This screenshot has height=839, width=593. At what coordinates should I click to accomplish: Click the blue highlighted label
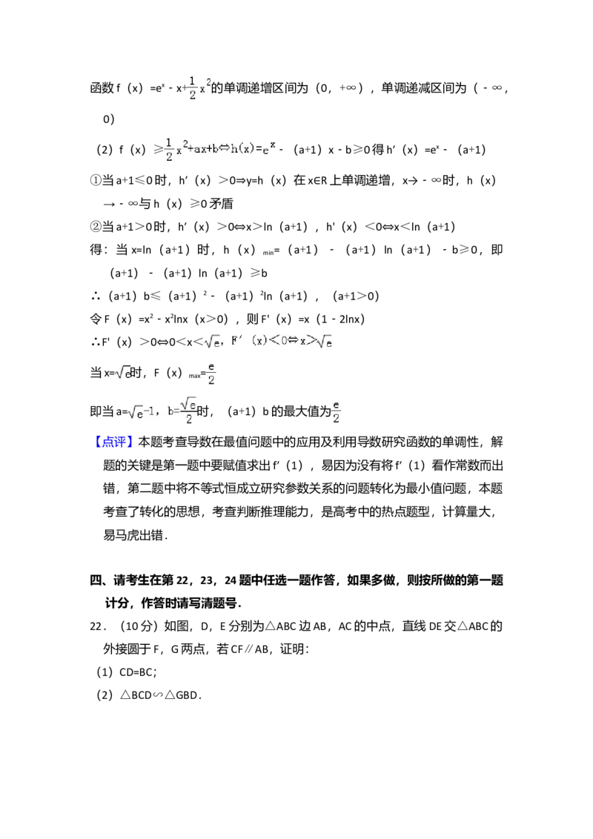point(115,442)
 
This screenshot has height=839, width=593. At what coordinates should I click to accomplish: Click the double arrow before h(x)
point(225,148)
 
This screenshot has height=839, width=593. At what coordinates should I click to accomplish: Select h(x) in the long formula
point(245,148)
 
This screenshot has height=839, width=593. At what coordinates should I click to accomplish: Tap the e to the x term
point(269,147)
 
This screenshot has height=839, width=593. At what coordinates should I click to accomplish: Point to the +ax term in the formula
point(200,148)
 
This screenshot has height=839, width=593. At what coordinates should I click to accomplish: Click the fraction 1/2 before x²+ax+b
point(169,149)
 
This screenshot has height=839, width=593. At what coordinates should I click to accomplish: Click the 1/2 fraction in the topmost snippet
point(193,87)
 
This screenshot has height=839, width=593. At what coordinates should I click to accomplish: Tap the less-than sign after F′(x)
point(272,341)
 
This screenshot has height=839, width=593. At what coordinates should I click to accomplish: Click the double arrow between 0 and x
point(291,341)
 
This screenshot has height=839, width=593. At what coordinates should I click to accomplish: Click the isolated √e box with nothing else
point(124,373)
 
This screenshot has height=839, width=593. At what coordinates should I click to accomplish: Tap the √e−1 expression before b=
point(142,412)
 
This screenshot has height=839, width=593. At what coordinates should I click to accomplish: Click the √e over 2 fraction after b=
point(189,409)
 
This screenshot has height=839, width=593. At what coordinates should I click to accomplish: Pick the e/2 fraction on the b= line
point(337,412)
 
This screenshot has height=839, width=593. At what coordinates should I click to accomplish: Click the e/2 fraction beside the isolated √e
point(211,373)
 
